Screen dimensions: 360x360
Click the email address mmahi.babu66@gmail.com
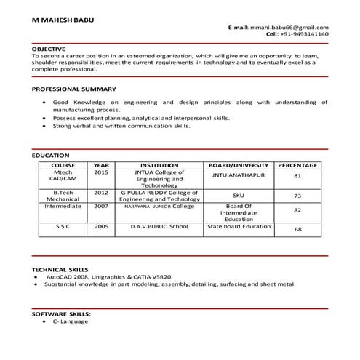coord(289,27)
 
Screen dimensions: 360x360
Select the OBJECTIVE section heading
coord(49,49)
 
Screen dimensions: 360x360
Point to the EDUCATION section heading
coord(51,155)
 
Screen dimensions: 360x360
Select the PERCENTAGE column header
coord(297,165)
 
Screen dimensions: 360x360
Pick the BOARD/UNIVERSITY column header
coord(239,165)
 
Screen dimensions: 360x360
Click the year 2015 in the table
coord(101,172)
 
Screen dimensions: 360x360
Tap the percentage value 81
coord(297,177)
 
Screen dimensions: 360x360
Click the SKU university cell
coord(239,195)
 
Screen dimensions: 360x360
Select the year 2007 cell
coord(101,206)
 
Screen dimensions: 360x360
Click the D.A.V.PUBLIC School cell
coord(159,226)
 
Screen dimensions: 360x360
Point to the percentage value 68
coord(297,230)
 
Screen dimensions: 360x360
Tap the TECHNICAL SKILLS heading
coord(63,269)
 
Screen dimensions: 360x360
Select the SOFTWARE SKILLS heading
coord(60,313)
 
